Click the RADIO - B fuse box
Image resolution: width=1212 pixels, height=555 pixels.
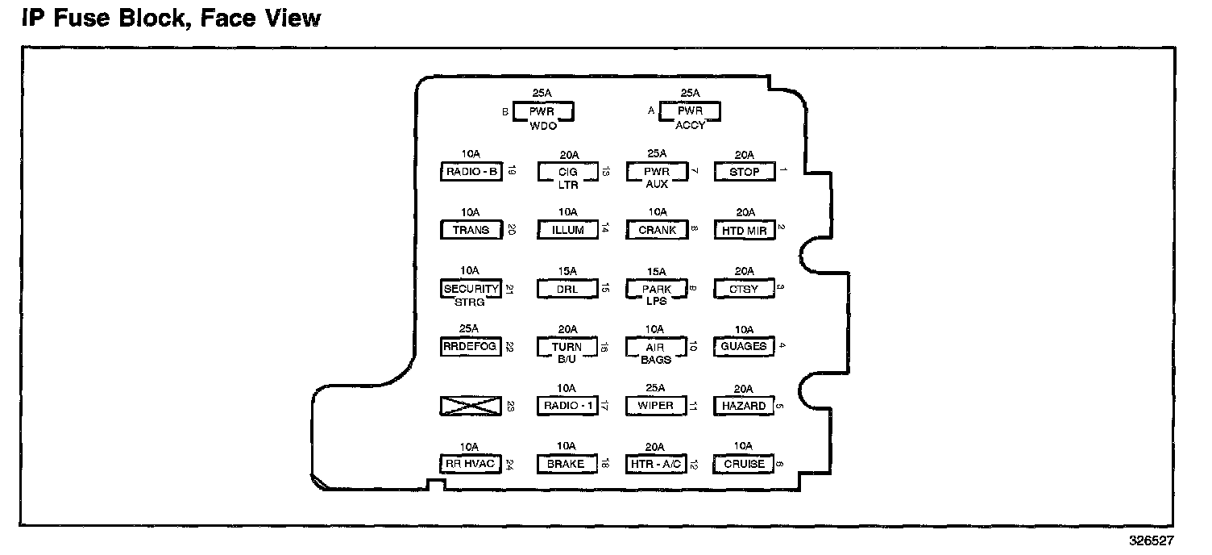(x=471, y=172)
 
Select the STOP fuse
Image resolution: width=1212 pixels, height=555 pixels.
(x=744, y=172)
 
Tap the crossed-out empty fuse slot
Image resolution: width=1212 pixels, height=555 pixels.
(x=471, y=406)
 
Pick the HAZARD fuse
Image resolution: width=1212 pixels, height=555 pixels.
(x=744, y=406)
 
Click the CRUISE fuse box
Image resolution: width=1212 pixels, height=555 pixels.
(x=744, y=464)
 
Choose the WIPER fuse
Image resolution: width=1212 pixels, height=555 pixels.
(x=655, y=406)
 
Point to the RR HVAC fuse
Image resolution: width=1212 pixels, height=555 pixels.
(x=471, y=464)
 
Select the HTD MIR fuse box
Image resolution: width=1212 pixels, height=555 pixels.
(x=744, y=230)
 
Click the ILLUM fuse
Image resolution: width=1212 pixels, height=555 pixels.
(x=567, y=230)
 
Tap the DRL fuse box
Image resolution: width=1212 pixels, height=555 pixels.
(x=567, y=289)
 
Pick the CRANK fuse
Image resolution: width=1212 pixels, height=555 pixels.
(x=656, y=230)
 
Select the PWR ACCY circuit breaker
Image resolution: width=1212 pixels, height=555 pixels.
(x=690, y=112)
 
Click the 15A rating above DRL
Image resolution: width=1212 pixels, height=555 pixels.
(x=568, y=271)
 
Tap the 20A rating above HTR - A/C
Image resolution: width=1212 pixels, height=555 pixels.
(x=655, y=446)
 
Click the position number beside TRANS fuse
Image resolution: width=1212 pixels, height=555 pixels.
(x=511, y=230)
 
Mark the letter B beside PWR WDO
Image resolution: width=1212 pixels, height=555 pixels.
(x=505, y=112)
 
